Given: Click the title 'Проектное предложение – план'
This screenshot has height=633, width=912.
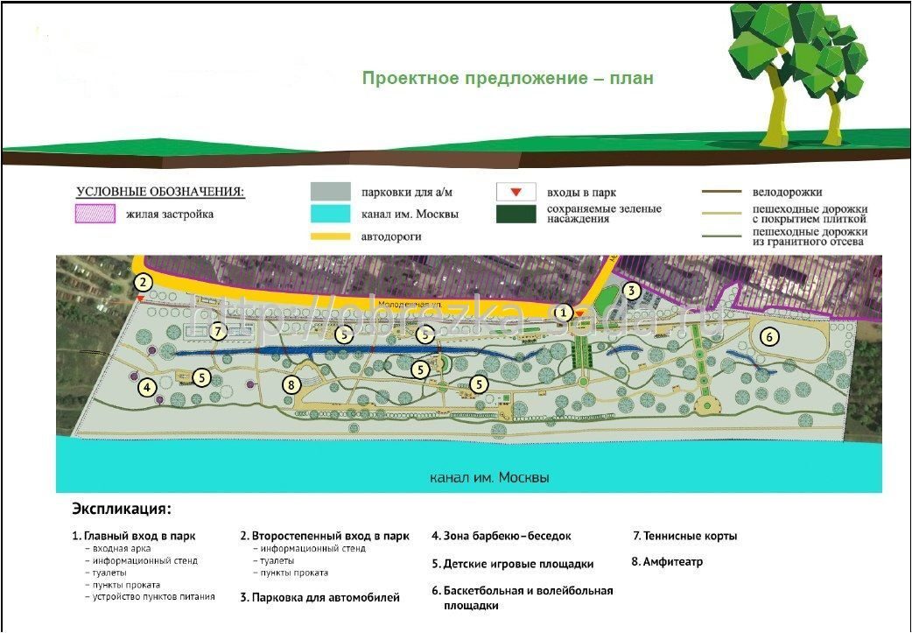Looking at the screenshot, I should point(508,79).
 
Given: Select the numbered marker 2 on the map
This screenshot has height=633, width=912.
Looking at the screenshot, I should point(144,283).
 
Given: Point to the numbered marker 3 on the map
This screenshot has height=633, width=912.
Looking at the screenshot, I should point(632,292).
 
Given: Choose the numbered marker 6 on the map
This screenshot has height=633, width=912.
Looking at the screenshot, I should point(768,336).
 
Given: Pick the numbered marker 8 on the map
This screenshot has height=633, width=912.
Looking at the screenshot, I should point(291,384).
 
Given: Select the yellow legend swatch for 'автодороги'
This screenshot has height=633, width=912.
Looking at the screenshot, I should point(331,236).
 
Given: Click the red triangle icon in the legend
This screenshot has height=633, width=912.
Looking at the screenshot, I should point(516,192).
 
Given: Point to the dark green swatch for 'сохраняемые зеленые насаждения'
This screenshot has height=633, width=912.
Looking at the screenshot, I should point(516,215).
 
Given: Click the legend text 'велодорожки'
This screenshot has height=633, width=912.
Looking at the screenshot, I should point(787,192).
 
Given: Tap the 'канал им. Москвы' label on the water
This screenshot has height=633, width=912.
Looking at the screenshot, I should point(490,479).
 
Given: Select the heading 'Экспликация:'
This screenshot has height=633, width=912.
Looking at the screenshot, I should point(122,509).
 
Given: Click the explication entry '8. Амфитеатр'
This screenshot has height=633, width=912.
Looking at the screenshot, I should point(667,562).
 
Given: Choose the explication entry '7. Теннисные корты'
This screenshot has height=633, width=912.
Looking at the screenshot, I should point(684,536).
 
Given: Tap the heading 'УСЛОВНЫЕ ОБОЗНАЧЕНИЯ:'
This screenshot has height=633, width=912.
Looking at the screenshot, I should point(160,192).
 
